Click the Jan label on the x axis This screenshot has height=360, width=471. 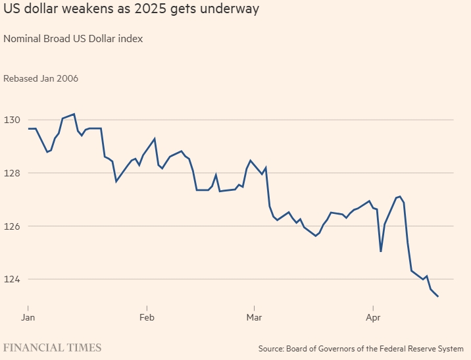coord(28,317)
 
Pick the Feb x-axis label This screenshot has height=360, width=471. coord(147,317)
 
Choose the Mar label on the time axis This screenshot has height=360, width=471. coord(254,317)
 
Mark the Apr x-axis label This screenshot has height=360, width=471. coord(373,317)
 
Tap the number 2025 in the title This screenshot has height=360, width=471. coord(153,10)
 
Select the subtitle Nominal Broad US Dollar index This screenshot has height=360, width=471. coord(73,38)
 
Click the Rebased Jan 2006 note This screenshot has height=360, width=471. coord(41,78)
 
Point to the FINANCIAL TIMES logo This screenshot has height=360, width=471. coord(53,347)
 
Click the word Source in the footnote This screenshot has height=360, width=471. coord(270,348)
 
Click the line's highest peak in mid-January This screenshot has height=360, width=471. coord(74,114)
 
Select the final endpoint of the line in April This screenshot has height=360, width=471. coord(438,296)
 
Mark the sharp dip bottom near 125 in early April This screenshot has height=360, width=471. coord(381,251)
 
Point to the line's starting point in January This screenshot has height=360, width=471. coord(28,128)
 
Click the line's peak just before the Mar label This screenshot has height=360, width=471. coord(251,160)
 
